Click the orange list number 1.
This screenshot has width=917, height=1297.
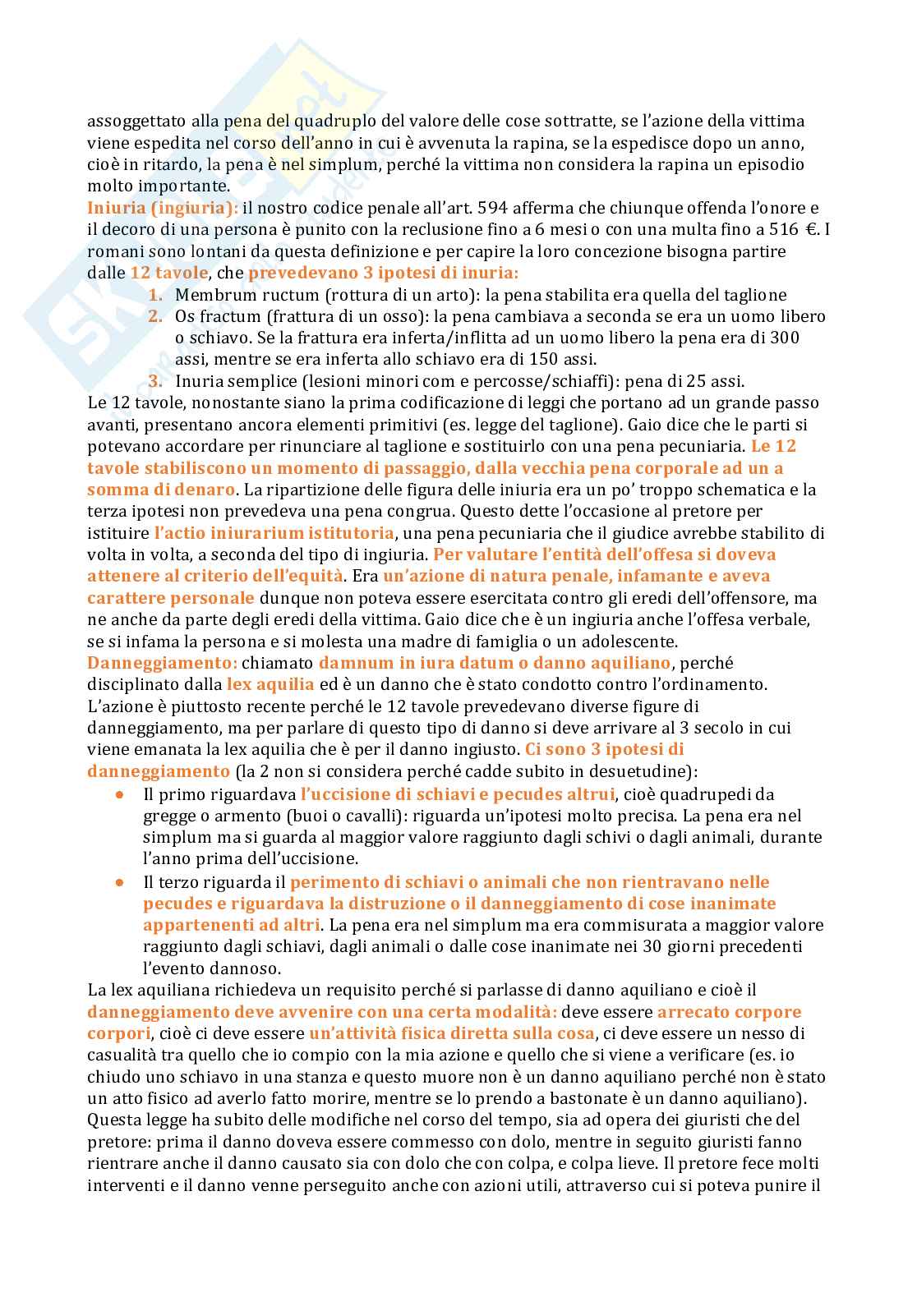[x=155, y=295]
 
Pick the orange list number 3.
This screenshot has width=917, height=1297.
[x=155, y=381]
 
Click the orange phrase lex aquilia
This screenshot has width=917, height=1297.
[x=270, y=684]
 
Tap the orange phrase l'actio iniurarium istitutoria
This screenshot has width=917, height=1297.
[x=274, y=533]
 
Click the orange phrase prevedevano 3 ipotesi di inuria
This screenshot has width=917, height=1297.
[x=383, y=273]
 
